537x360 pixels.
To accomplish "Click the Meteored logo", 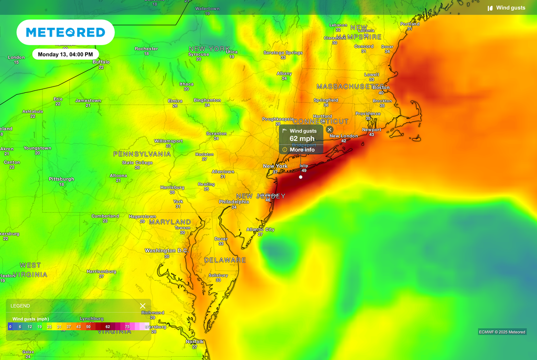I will (66, 32).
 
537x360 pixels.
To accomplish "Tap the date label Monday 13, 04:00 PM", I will (66, 54).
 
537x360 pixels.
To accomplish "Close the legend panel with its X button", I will (143, 306).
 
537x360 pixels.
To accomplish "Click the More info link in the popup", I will (302, 150).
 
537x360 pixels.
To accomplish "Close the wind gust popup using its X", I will (329, 129).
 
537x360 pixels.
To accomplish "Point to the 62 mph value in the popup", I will (302, 139).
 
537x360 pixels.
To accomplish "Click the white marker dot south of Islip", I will (300, 177).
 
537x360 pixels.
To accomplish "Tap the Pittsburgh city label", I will (61, 179).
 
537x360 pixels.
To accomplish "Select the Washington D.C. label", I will (166, 251).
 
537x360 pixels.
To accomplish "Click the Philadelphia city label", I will (234, 202).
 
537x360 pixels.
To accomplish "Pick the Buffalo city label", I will (101, 62).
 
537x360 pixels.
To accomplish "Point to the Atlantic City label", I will (260, 230).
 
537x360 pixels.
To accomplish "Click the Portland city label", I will (410, 24).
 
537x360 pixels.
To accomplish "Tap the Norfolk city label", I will (195, 342).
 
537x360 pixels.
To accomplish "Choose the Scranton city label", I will (216, 134).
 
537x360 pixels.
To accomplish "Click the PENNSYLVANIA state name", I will (142, 155).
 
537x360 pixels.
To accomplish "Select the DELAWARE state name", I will (225, 260).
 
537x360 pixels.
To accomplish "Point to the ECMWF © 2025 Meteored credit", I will (502, 332).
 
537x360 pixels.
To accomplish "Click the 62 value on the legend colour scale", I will (108, 326).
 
